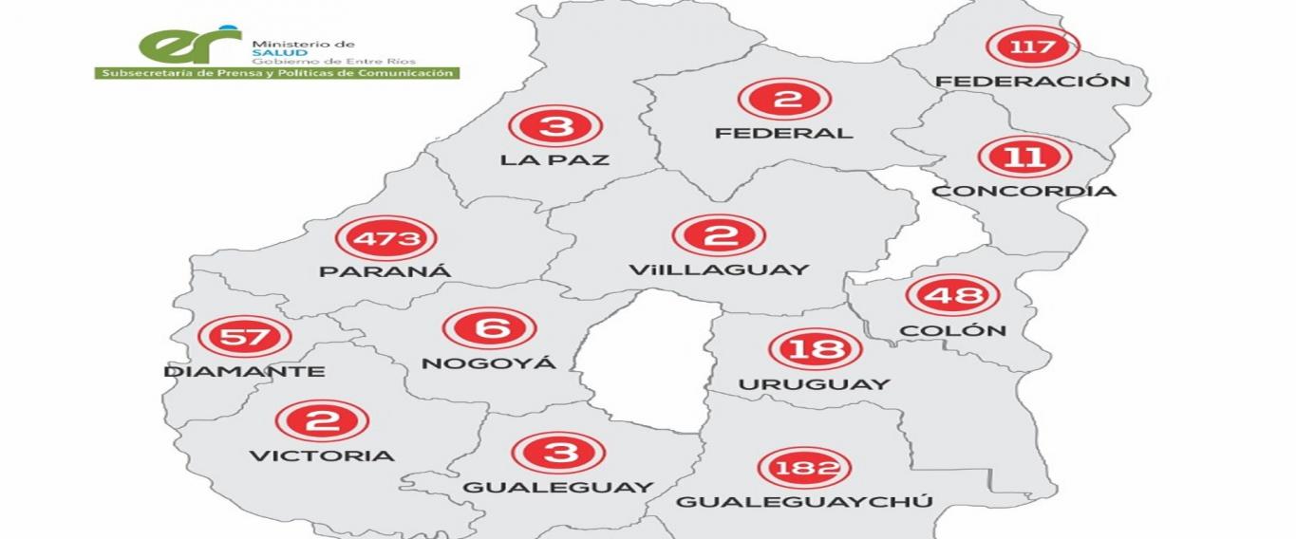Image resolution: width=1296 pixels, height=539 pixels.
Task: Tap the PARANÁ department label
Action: click(385, 271)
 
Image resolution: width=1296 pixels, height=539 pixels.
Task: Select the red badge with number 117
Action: click(1032, 46)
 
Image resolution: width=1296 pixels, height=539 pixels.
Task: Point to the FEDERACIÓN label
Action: click(1033, 82)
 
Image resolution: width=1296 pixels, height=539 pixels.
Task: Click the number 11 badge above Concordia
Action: click(1024, 158)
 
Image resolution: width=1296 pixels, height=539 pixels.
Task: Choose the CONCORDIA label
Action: click(1024, 191)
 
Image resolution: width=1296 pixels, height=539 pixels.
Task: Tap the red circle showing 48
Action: click(952, 295)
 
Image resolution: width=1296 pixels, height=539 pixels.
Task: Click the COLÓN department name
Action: click(952, 330)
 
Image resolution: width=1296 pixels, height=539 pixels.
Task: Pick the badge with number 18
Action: click(815, 349)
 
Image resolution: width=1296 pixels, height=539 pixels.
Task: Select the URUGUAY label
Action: click(815, 384)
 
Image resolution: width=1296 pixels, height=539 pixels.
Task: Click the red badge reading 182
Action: click(804, 468)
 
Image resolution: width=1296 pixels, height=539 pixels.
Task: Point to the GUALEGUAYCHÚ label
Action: click(804, 502)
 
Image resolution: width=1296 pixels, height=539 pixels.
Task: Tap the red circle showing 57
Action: click(244, 337)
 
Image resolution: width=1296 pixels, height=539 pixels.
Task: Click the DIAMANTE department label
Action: click(244, 371)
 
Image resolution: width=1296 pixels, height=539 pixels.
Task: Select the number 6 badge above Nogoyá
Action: click(489, 328)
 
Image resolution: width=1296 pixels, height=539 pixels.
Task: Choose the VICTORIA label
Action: click(321, 455)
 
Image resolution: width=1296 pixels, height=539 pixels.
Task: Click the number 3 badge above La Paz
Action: click(555, 126)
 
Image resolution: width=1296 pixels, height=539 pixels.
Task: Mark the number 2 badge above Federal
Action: click(784, 99)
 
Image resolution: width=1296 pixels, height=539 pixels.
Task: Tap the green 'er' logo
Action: click(189, 44)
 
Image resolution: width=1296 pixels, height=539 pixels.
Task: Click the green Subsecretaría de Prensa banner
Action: click(276, 72)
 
